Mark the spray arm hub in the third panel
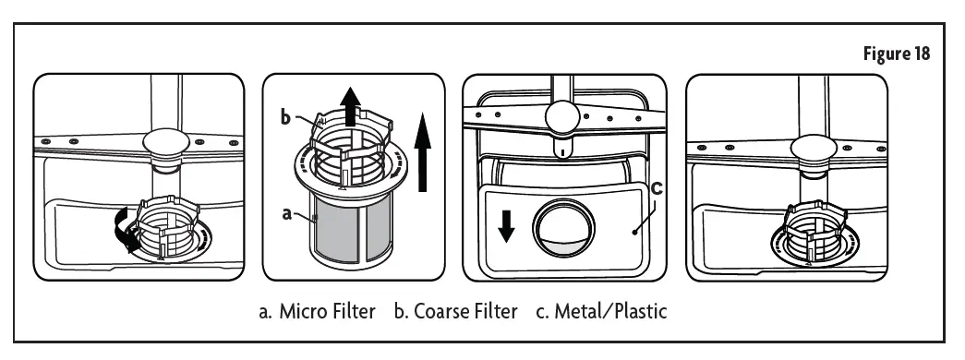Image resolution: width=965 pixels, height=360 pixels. point(563,116)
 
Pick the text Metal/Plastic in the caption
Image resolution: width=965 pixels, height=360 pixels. point(613,312)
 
